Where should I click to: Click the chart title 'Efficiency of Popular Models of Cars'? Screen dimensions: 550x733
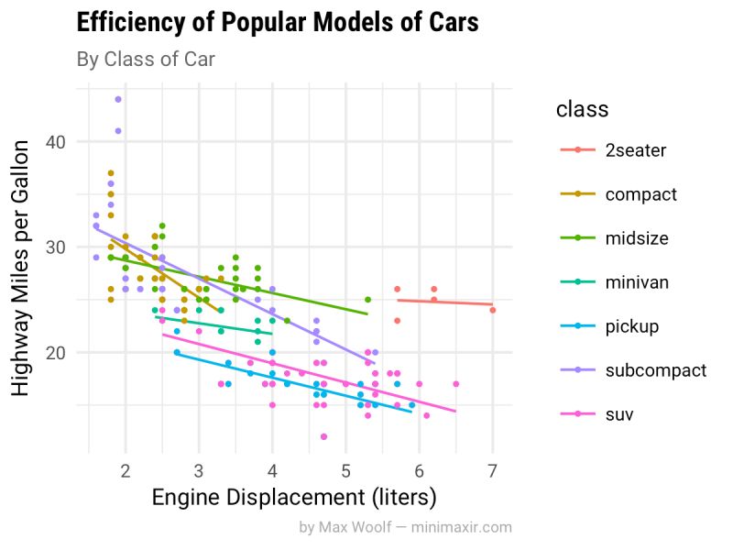click(278, 23)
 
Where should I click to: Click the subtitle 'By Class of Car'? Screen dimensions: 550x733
click(146, 60)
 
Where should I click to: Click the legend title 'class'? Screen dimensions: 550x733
click(582, 110)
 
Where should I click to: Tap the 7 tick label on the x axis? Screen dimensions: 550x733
click(492, 471)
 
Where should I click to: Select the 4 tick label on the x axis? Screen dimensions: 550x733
click(272, 471)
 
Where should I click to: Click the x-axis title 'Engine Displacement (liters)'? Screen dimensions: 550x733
click(293, 498)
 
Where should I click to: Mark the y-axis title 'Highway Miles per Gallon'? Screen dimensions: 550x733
click(26, 268)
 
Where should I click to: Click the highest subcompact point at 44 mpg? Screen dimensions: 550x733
click(118, 99)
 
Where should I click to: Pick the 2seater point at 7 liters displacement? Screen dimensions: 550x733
click(492, 310)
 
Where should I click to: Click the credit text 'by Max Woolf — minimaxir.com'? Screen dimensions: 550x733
click(405, 528)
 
